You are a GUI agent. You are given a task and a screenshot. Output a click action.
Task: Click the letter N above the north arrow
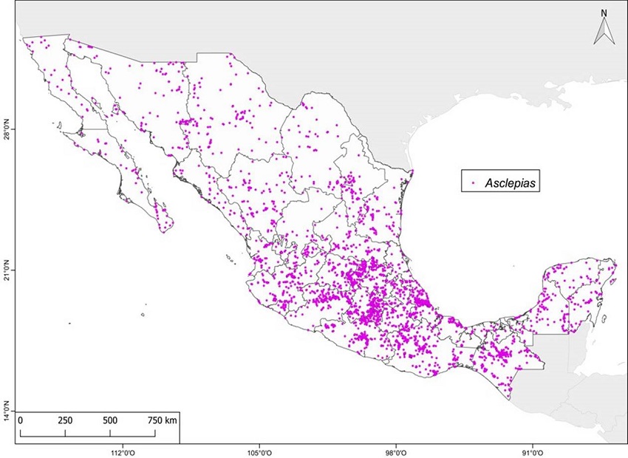point(604,13)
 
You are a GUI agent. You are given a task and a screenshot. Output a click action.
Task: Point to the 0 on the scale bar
point(21,420)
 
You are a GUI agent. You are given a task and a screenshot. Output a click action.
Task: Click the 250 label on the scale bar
point(65,420)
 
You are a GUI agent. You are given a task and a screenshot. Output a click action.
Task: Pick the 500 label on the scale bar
point(110,420)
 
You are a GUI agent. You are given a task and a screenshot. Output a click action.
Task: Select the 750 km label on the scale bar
point(162,420)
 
